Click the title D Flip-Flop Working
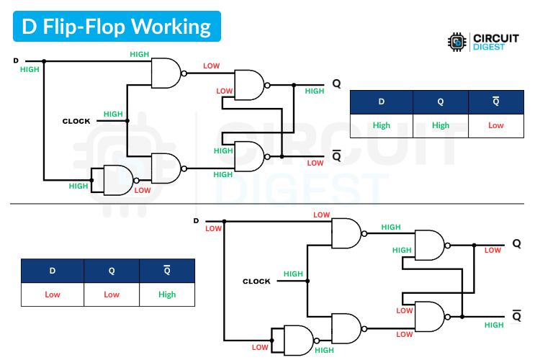116,27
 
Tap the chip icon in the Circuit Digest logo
456,42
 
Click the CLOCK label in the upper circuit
76,121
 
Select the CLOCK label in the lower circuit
256,282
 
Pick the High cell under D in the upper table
382,125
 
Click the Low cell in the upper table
495,125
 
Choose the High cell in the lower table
167,294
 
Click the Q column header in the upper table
440,102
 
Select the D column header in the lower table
53,271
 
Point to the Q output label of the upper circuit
336,84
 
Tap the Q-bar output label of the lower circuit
516,316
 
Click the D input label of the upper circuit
16,60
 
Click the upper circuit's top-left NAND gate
166,73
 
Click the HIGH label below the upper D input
30,70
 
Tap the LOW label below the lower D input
213,229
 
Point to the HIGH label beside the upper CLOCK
113,114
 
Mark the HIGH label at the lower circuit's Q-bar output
494,325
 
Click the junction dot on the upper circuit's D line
44,60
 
